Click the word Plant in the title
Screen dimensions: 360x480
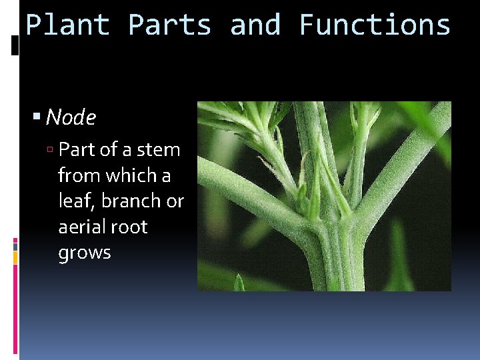(x=67, y=25)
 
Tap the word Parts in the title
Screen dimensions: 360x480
(x=169, y=25)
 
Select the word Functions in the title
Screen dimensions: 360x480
(x=375, y=25)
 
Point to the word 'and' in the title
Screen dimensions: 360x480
(x=255, y=25)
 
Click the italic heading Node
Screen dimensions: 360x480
(x=71, y=118)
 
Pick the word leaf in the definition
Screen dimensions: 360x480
(x=75, y=201)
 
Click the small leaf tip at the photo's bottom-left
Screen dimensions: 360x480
(x=239, y=283)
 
